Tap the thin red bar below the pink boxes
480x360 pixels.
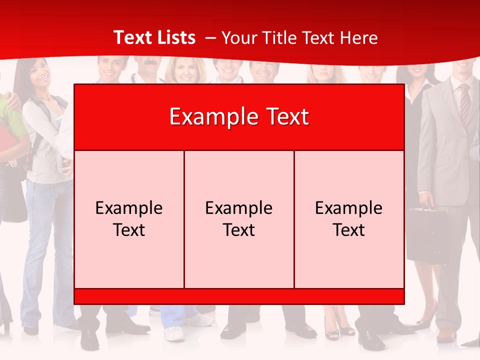coord(239,296)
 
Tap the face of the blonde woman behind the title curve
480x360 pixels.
coord(185,72)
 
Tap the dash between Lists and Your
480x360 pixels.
coord(210,38)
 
